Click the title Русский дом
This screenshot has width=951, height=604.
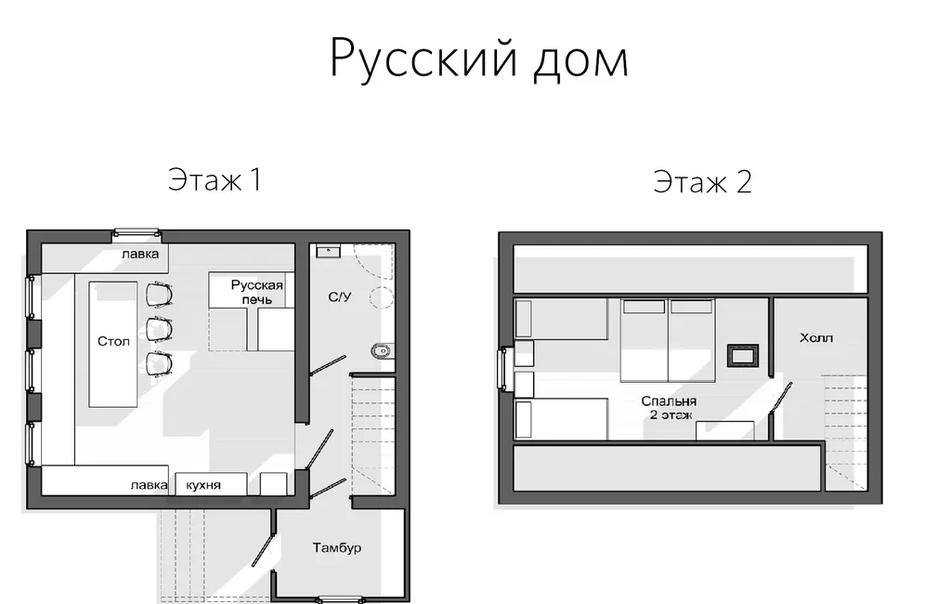click(479, 59)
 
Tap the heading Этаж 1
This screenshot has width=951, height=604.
click(214, 179)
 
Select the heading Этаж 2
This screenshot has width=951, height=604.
click(702, 181)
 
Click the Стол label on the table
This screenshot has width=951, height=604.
click(114, 341)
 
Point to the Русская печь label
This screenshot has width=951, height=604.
click(256, 293)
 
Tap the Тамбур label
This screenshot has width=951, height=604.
click(337, 547)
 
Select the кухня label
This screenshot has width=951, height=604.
click(202, 484)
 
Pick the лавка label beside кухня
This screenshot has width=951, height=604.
click(149, 484)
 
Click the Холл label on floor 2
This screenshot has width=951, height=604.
click(816, 337)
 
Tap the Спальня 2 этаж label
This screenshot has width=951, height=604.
click(668, 408)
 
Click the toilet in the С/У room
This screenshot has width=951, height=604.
click(381, 350)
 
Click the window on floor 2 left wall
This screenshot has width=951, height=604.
click(504, 370)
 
